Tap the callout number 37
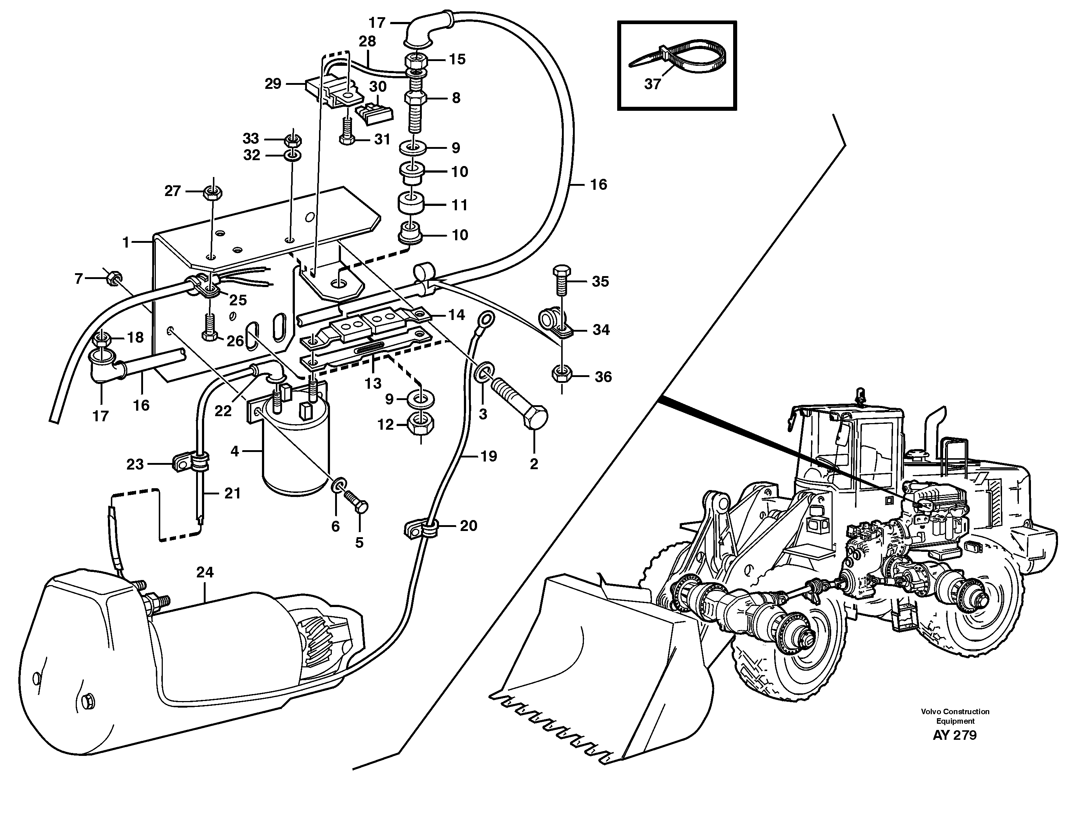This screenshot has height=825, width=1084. click(652, 84)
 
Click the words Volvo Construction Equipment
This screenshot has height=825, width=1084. click(955, 716)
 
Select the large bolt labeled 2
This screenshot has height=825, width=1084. click(521, 403)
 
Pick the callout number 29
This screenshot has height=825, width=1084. click(273, 84)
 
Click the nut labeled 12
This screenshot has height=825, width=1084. click(420, 425)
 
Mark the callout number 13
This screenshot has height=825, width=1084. click(373, 384)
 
